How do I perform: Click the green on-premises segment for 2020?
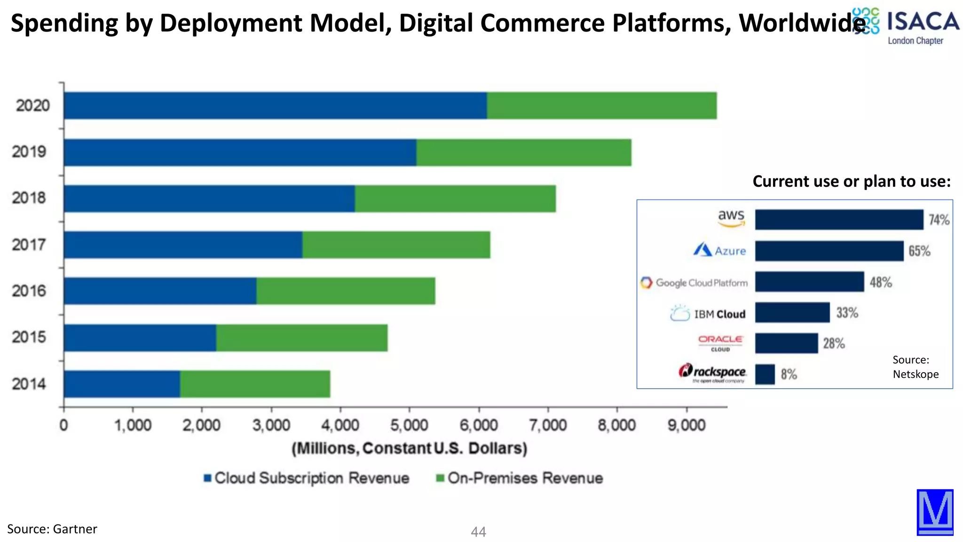(601, 105)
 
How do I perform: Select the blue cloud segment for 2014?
(122, 384)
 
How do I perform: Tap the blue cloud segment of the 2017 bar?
(183, 245)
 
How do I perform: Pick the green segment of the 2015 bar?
(301, 338)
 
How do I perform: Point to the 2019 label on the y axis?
(29, 151)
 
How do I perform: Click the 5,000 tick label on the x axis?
(409, 425)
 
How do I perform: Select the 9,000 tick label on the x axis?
(687, 425)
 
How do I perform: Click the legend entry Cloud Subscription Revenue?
(307, 478)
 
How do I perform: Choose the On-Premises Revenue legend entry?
(520, 478)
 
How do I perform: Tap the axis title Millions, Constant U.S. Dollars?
(409, 448)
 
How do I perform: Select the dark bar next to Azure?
(829, 251)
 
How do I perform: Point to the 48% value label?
(880, 282)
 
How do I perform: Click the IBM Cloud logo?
(708, 313)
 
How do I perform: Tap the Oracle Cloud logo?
(720, 343)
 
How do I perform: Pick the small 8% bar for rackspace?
(765, 375)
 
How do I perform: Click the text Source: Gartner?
(52, 529)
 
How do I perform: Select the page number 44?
(478, 532)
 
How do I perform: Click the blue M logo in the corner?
(934, 512)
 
